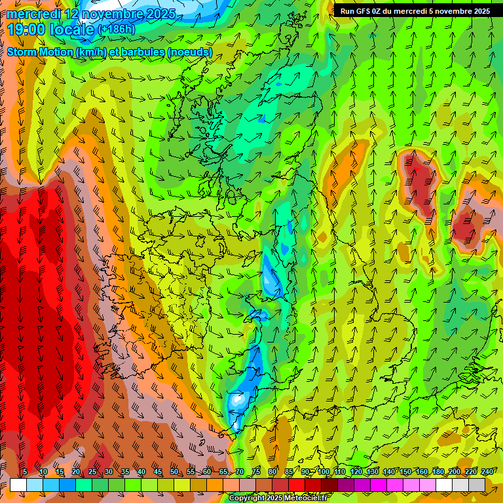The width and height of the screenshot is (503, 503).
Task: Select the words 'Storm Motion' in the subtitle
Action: (x=39, y=52)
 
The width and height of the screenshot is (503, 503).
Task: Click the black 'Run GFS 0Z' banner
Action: (x=415, y=10)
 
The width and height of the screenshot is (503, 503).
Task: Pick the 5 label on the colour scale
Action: (x=25, y=472)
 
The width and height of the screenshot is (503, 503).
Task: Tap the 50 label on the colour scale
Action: (x=174, y=472)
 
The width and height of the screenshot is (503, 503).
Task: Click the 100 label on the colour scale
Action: (x=324, y=472)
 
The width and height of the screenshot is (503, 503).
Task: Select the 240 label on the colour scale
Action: (x=487, y=472)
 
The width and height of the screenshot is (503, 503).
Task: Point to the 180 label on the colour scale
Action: (x=438, y=472)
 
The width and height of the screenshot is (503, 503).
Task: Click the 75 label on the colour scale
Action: (x=256, y=472)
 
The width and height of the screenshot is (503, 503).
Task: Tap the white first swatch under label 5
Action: (x=18, y=485)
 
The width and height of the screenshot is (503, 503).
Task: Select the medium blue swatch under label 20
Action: (x=67, y=485)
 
